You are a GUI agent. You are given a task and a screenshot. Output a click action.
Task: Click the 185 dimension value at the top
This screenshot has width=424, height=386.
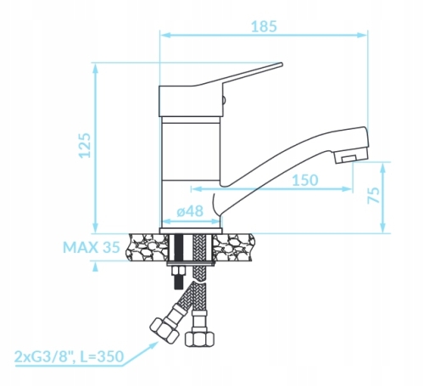(264, 26)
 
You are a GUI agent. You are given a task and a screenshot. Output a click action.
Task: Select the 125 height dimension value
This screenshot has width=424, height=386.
(85, 145)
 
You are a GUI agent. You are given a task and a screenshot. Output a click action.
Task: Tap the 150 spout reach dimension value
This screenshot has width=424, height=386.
(305, 180)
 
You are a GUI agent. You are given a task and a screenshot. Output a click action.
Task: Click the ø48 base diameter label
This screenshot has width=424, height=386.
(190, 211)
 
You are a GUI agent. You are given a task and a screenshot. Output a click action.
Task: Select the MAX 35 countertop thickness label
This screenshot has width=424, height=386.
(92, 248)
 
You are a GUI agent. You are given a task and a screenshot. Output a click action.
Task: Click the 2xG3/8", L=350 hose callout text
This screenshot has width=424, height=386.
(70, 356)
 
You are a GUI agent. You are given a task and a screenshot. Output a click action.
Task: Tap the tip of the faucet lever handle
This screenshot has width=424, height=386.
(282, 64)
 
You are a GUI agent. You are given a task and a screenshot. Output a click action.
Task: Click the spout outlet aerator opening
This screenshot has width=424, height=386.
(348, 159)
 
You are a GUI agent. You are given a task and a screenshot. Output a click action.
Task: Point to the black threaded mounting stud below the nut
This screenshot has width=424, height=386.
(178, 282)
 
